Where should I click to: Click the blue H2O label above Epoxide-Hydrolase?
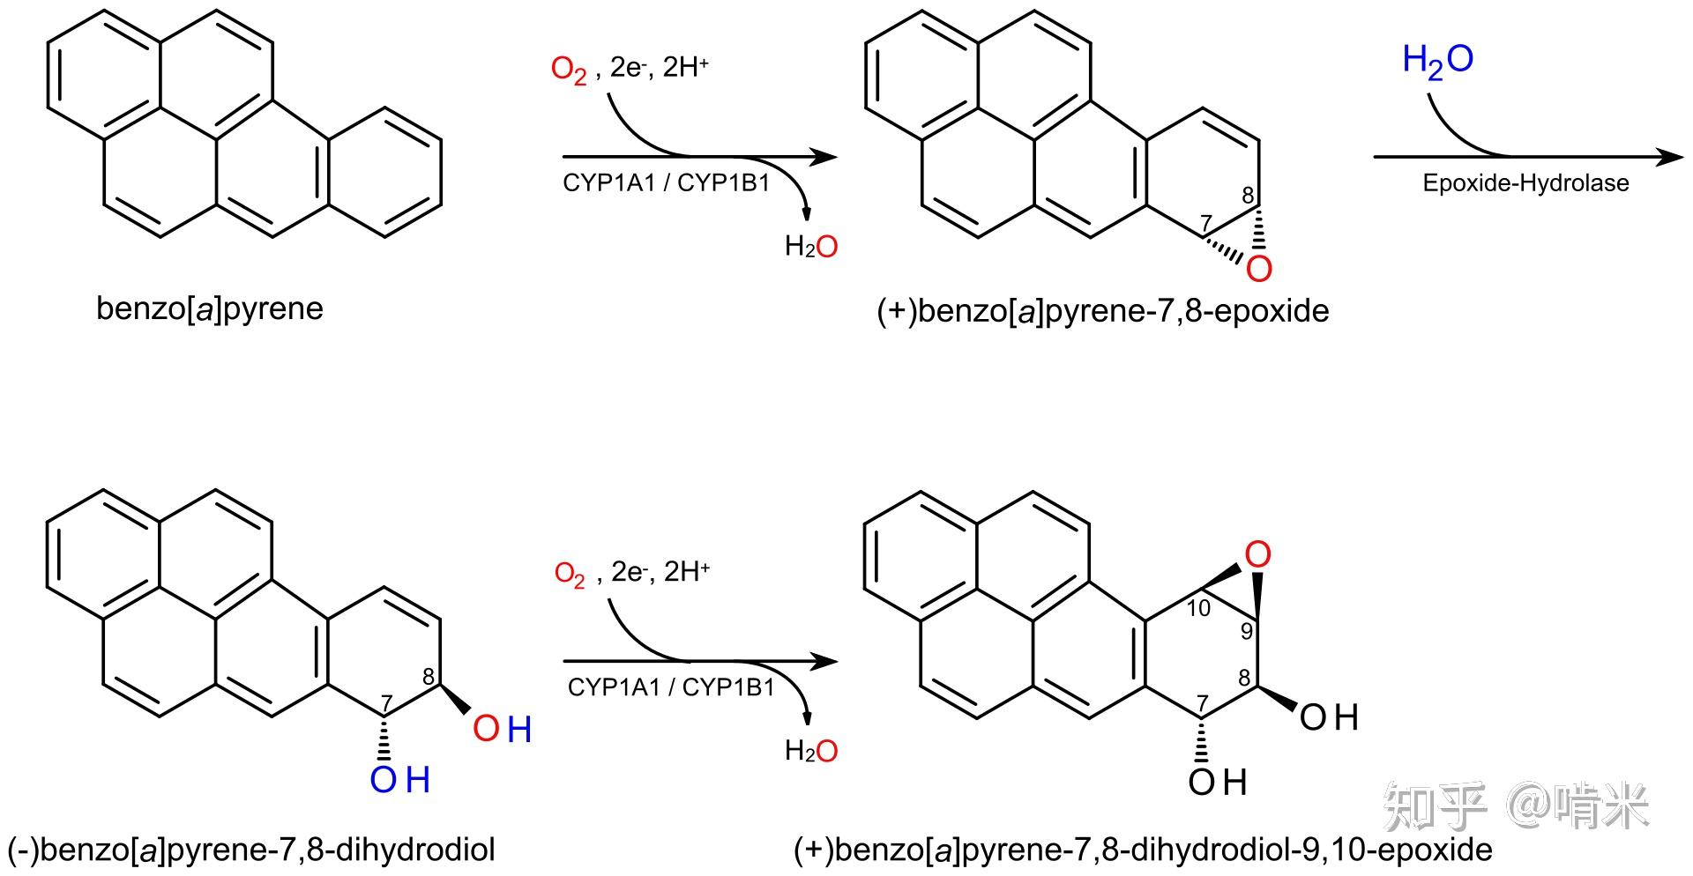(x=1437, y=60)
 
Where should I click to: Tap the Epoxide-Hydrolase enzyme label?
(x=1525, y=183)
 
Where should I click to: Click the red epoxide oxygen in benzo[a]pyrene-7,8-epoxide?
(x=1259, y=269)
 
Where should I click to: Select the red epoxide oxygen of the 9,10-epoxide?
(x=1257, y=554)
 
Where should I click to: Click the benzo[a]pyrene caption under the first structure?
(x=210, y=308)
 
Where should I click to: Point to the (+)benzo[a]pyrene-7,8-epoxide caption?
(x=1102, y=311)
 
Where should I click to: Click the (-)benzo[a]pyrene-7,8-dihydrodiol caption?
(x=251, y=850)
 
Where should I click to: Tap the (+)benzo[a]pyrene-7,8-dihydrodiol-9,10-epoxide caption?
(x=1143, y=850)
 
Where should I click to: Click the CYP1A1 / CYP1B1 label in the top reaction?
(x=666, y=183)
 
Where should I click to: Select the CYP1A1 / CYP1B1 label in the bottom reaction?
(x=670, y=687)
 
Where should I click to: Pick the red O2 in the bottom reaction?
(x=570, y=575)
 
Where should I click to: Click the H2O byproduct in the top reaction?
(x=811, y=246)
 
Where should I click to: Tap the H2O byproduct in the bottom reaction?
(x=811, y=751)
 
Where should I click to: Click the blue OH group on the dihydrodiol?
(x=399, y=780)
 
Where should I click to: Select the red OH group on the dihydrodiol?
(x=502, y=729)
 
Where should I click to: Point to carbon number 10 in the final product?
(x=1198, y=608)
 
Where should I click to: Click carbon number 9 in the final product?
(x=1247, y=632)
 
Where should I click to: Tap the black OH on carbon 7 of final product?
(x=1217, y=782)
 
